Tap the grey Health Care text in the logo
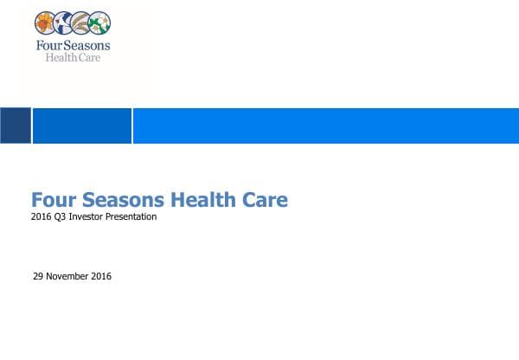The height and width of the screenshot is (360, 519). (x=74, y=58)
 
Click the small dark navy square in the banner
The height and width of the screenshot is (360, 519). (x=15, y=125)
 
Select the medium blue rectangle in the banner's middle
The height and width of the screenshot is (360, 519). (x=81, y=125)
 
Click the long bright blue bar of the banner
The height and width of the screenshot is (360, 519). (x=325, y=125)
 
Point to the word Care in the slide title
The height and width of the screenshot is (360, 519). (x=264, y=200)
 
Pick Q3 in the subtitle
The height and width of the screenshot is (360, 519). (x=60, y=217)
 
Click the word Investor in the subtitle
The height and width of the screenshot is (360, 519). (x=87, y=217)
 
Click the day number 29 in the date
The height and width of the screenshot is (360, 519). (x=37, y=277)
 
